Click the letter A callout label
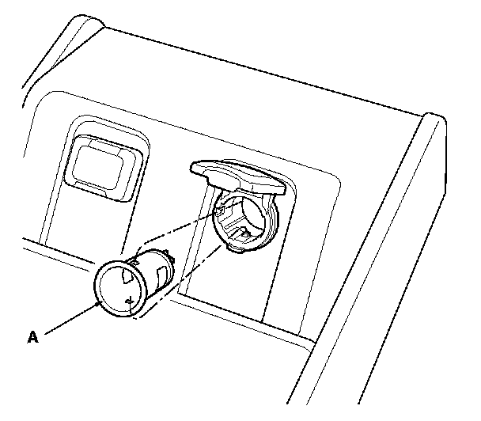[32, 337]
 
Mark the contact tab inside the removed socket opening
[128, 299]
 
